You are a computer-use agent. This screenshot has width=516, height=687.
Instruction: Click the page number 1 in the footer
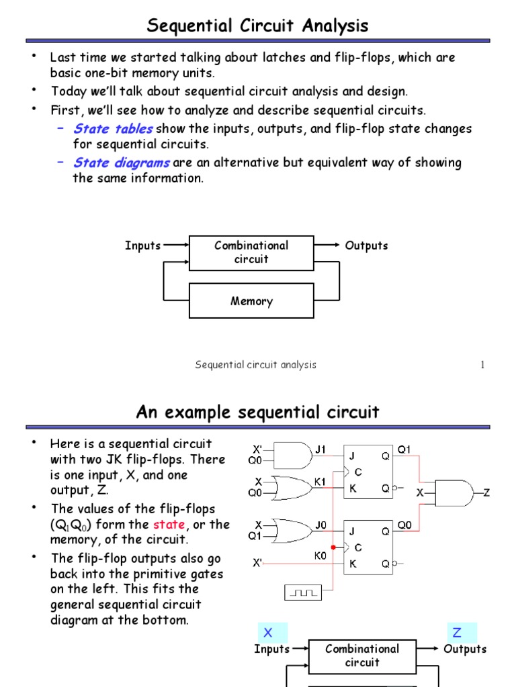point(482,365)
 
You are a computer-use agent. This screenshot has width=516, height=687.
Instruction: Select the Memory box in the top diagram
point(251,301)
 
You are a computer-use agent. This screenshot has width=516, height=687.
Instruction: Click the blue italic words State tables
point(113,129)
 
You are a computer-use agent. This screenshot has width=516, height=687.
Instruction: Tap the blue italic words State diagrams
point(122,162)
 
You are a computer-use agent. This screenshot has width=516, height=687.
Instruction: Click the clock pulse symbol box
point(304,592)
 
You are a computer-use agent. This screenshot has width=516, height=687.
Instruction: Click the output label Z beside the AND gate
point(487,493)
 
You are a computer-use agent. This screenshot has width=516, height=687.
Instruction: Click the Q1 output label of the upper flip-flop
point(404,450)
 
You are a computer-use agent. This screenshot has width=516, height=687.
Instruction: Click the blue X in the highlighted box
point(267,633)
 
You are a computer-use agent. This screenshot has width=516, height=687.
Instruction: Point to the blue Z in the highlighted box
point(458,633)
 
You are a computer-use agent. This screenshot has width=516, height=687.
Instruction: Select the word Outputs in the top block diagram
point(366,246)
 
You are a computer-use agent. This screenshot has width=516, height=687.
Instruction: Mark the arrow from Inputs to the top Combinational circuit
point(176,246)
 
